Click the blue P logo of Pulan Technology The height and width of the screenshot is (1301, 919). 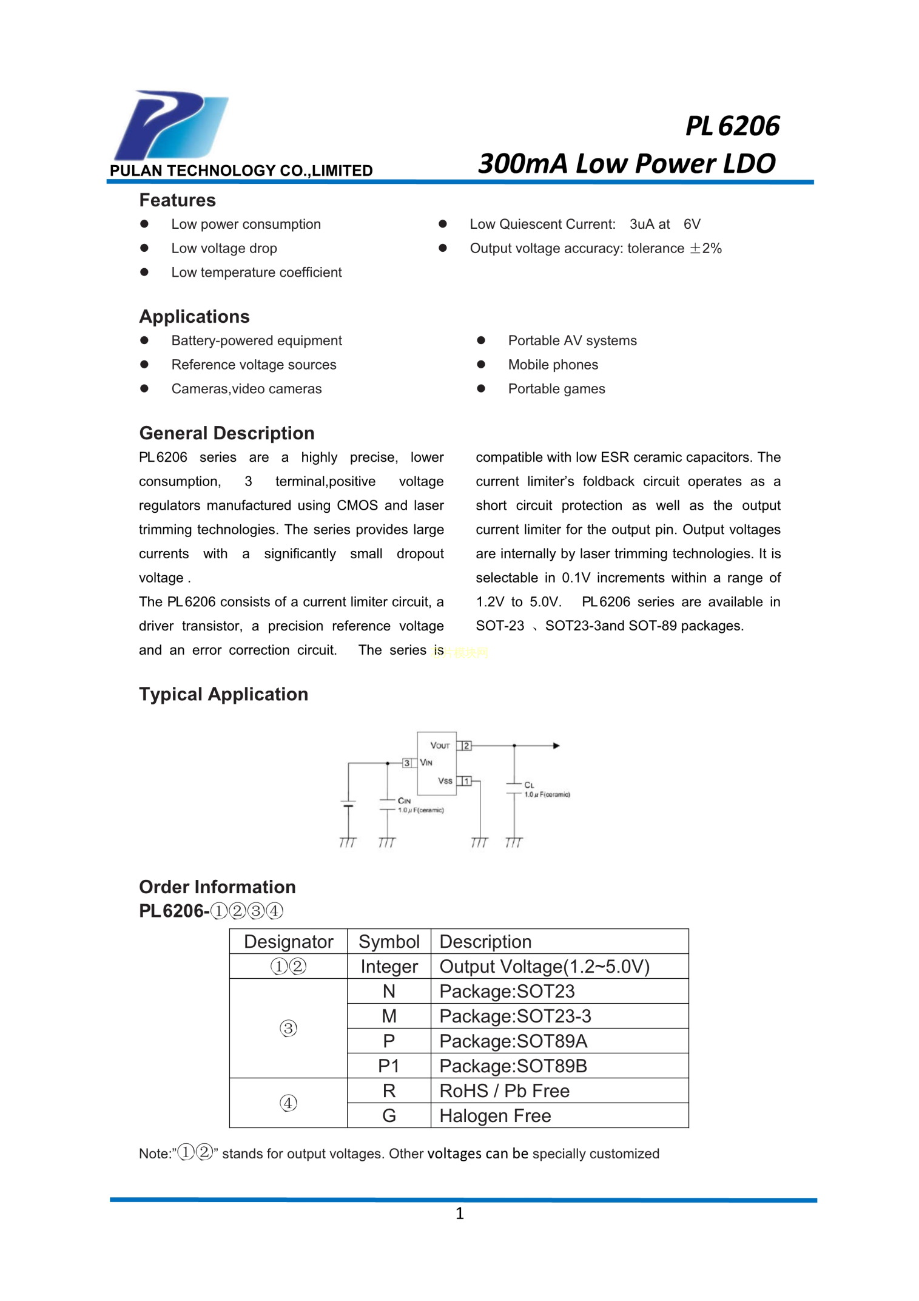[170, 125]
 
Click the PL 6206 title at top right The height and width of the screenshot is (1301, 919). [732, 126]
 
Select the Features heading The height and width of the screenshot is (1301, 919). [177, 200]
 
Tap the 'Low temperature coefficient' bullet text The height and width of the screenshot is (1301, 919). [256, 272]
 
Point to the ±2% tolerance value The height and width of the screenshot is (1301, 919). [705, 248]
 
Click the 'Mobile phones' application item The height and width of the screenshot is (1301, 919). [553, 365]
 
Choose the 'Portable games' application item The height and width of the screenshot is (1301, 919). [556, 389]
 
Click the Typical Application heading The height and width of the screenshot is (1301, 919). [223, 694]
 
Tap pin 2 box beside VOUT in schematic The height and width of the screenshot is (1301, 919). [466, 746]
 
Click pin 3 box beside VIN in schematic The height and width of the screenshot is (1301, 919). [407, 763]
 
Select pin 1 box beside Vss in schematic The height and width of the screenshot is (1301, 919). [466, 781]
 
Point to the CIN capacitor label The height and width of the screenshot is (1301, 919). [404, 801]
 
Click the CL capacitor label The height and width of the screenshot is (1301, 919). [529, 785]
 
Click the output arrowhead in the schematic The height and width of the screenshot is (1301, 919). [556, 746]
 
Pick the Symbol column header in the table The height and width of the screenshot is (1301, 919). [389, 942]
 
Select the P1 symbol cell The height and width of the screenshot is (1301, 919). [389, 1066]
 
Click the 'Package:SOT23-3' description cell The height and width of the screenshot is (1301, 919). [515, 1016]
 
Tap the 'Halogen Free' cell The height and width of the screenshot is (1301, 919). [495, 1116]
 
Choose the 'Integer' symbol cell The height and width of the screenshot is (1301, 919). [389, 967]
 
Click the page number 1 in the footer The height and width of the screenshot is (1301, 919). [460, 1214]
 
